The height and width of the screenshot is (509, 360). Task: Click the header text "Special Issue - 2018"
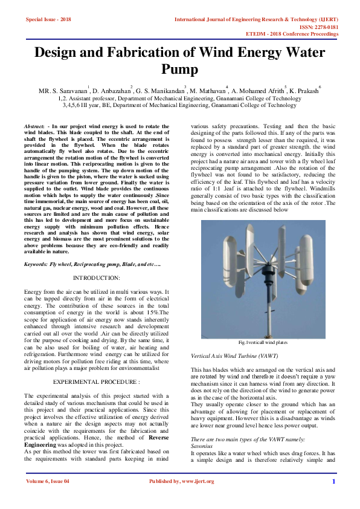point(48,19)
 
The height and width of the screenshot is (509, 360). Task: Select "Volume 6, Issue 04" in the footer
point(48,498)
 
